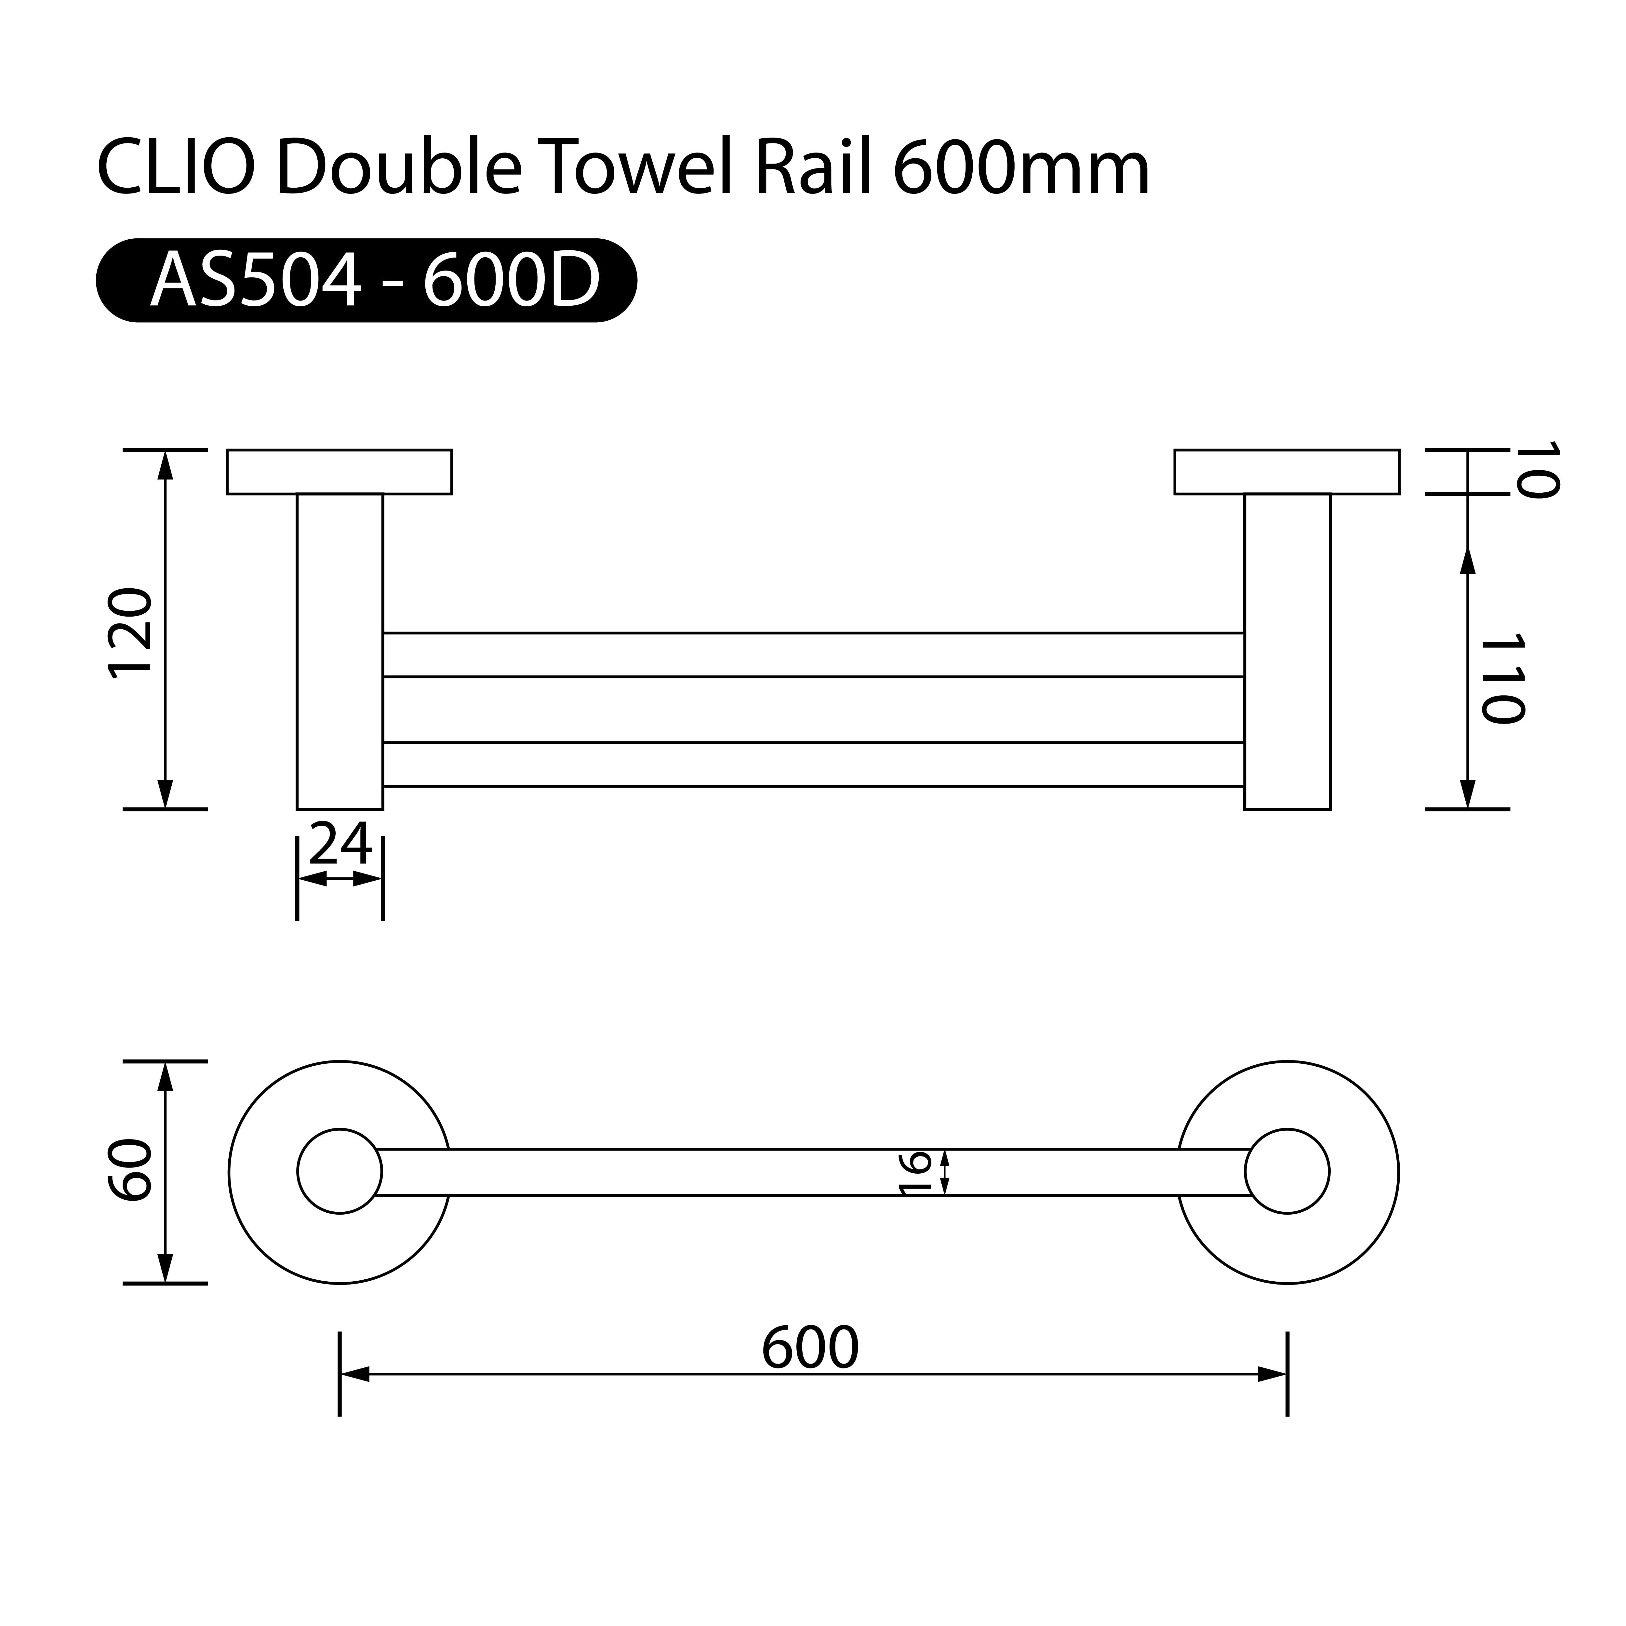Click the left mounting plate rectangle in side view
(x=339, y=472)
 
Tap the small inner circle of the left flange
(x=339, y=1171)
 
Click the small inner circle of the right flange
(x=1287, y=1171)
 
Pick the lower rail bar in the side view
(x=813, y=764)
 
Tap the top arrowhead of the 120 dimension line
(x=165, y=465)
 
